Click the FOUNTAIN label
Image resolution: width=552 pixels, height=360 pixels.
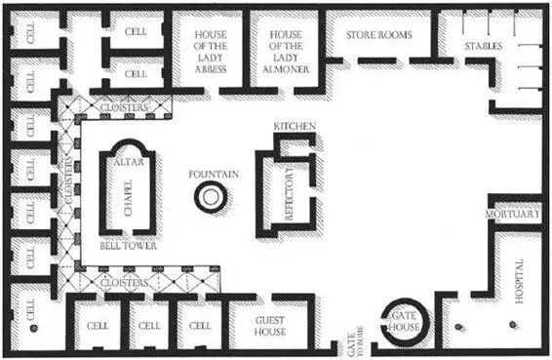point(214,174)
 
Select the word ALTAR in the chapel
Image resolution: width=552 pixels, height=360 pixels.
point(129,162)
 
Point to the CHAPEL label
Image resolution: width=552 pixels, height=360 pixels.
point(128,198)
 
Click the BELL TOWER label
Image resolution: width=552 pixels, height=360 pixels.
point(128,246)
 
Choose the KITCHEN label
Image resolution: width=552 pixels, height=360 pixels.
point(295,126)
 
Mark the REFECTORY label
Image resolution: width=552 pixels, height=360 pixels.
point(289,194)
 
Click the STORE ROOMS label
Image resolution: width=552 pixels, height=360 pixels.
point(379,35)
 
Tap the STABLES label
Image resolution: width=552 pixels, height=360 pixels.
point(484,46)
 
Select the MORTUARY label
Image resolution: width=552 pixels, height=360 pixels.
point(513,214)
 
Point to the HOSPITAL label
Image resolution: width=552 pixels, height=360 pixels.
point(519,281)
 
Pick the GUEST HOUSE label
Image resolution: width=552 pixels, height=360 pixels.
point(270,326)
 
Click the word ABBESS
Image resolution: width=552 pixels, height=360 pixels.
point(211,69)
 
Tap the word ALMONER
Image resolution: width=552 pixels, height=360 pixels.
point(286,69)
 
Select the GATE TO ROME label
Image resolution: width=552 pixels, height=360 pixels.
point(355,341)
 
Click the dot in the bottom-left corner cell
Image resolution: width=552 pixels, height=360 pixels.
point(34,329)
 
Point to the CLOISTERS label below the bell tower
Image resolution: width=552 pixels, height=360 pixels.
point(124,283)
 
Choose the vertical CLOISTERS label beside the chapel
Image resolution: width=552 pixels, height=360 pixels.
point(68,180)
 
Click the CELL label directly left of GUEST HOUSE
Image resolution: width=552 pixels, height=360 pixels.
point(200,326)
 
